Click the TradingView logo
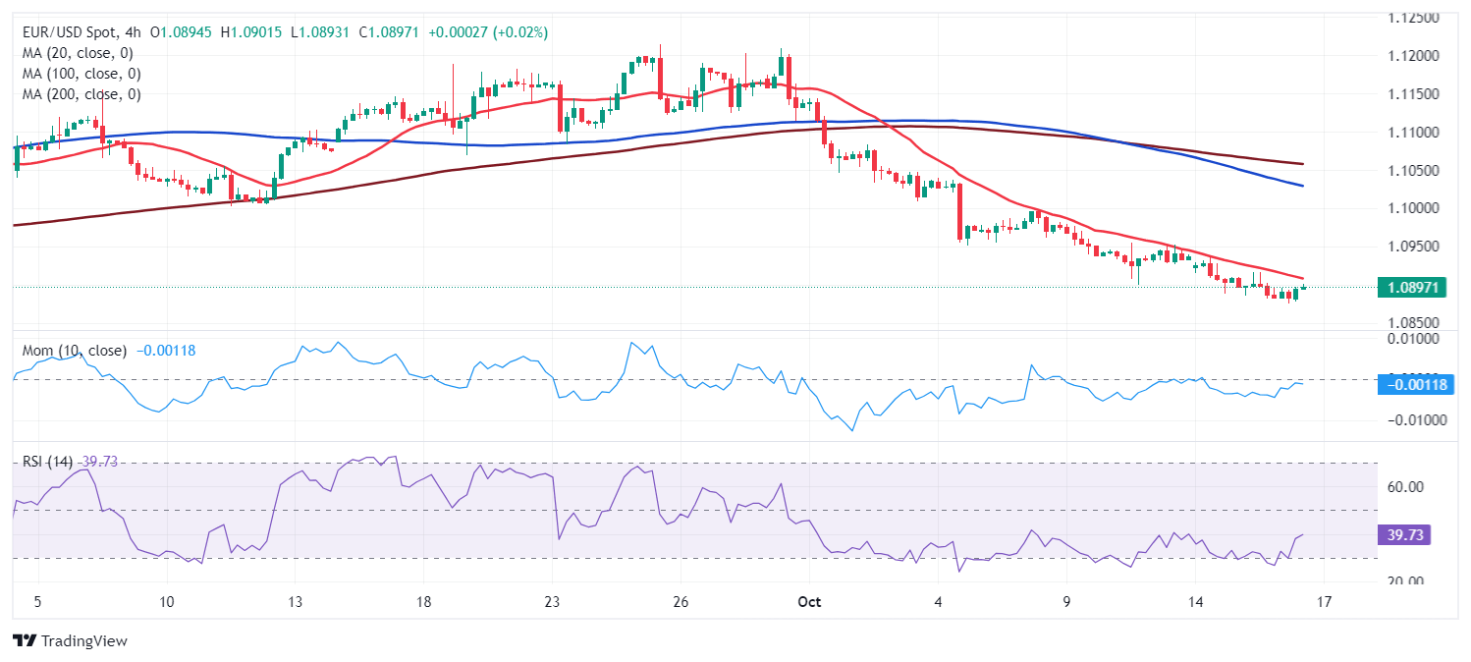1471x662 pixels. pos(70,640)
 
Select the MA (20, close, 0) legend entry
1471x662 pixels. pos(78,53)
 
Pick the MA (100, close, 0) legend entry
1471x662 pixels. pos(82,74)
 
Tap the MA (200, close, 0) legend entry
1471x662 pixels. pos(82,94)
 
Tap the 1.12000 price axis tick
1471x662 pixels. pos(1420,55)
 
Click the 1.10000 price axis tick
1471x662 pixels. pos(1420,208)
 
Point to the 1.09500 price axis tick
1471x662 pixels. pos(1420,247)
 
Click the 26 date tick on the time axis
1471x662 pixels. pos(681,601)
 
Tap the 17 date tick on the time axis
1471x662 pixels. pos(1324,601)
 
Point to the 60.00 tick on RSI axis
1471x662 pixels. pos(1415,487)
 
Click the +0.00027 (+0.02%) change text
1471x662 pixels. pos(488,32)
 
